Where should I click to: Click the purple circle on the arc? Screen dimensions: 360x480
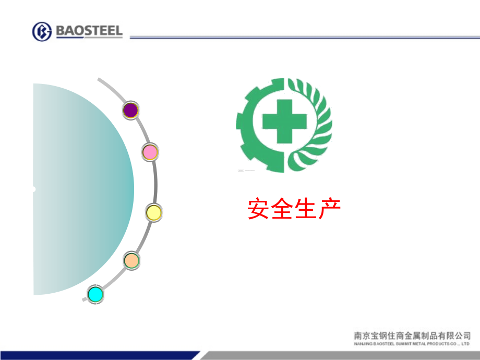pos(130,110)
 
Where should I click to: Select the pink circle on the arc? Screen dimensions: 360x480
pos(150,152)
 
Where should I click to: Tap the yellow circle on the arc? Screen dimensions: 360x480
pos(153,212)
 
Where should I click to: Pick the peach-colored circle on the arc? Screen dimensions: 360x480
pos(131,260)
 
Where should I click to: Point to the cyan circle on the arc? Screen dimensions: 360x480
pos(95,294)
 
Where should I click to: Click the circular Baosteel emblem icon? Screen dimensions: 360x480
pos(42,31)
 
